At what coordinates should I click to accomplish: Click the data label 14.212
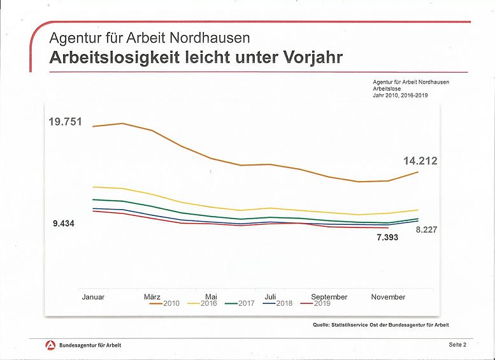tap(420, 161)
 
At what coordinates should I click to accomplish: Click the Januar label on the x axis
tap(93, 297)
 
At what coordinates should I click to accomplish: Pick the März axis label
tap(152, 297)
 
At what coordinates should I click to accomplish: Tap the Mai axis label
tap(211, 297)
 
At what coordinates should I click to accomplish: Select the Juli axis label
tap(270, 297)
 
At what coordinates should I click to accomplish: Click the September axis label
tap(329, 297)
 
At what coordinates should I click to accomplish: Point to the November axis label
tap(388, 297)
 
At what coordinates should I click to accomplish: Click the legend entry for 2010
tap(164, 303)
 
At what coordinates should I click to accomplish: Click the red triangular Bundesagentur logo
tap(50, 345)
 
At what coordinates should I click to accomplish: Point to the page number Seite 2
tap(457, 345)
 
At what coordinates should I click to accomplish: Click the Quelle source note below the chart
tap(380, 324)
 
